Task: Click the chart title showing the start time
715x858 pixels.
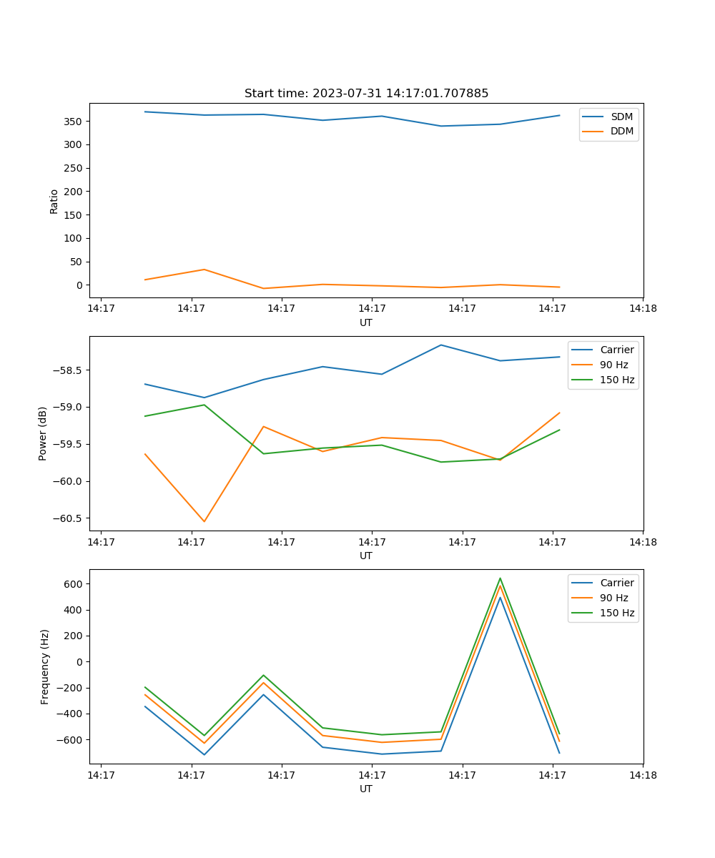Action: (x=366, y=94)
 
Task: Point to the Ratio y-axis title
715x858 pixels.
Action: (x=54, y=201)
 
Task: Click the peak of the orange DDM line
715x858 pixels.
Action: (x=204, y=270)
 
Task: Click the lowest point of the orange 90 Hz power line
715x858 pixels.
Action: (x=204, y=521)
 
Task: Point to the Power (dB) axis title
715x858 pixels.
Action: (x=43, y=433)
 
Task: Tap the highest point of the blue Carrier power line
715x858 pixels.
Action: (x=440, y=345)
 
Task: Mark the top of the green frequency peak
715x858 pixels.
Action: (x=500, y=578)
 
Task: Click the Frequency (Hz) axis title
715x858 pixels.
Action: (x=44, y=666)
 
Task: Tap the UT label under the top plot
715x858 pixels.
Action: (x=366, y=322)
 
